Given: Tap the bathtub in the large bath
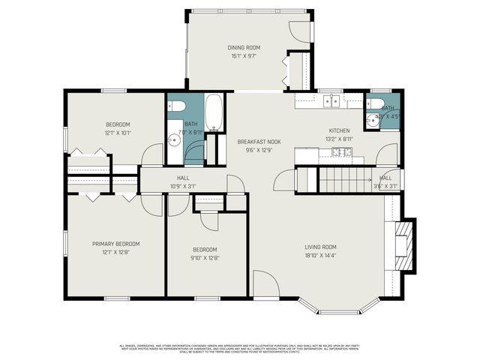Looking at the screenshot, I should (x=213, y=112).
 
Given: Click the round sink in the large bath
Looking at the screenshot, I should (x=174, y=139).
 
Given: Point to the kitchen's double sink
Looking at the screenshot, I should (x=331, y=100).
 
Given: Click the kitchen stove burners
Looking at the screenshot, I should (x=342, y=152).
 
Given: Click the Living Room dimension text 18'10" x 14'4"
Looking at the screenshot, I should (x=320, y=256).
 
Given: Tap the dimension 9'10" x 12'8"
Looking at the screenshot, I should (x=205, y=258).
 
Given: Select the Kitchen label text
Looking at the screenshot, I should (x=339, y=130).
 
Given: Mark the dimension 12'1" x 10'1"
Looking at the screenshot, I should (x=117, y=133).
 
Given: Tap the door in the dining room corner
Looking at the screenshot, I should (x=300, y=31).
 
